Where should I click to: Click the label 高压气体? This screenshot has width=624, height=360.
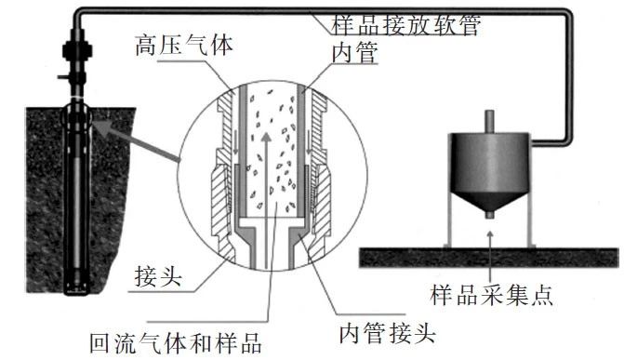(x=184, y=45)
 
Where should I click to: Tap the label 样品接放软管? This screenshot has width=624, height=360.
(x=405, y=25)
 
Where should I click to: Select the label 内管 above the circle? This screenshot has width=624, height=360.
(x=354, y=53)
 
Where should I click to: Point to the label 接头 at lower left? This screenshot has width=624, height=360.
(x=158, y=277)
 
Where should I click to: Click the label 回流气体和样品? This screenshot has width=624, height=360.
(x=176, y=343)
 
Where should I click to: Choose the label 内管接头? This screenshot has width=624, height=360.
(x=387, y=334)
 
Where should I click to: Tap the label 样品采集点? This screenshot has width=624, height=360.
(x=491, y=295)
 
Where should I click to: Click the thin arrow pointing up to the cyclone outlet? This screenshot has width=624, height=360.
(x=490, y=255)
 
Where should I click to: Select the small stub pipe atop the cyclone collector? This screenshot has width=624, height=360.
(x=490, y=122)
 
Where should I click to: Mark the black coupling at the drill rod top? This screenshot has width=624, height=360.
(x=77, y=50)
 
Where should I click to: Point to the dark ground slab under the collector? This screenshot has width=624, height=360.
(x=489, y=258)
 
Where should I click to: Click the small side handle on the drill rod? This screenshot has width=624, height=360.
(x=63, y=75)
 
